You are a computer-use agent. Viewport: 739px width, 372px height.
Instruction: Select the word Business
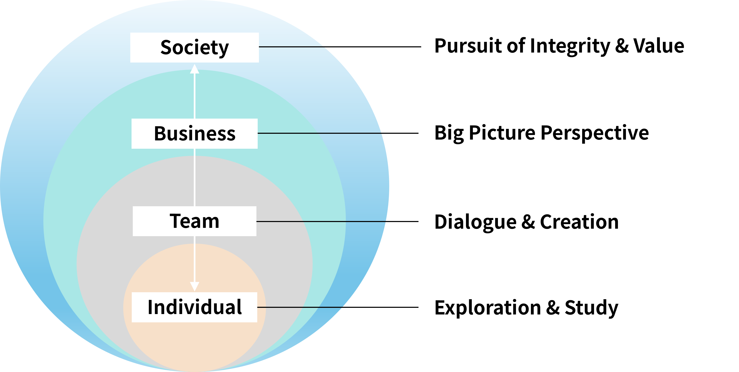click(195, 134)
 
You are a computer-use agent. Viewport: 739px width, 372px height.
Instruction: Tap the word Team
click(195, 221)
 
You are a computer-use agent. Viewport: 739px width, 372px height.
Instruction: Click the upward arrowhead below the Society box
click(195, 69)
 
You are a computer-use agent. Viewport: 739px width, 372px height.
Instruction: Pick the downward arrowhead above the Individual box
click(195, 286)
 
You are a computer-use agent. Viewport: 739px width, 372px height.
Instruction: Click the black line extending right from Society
click(291, 47)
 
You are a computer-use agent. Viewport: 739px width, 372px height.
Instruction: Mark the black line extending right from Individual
click(300, 307)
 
